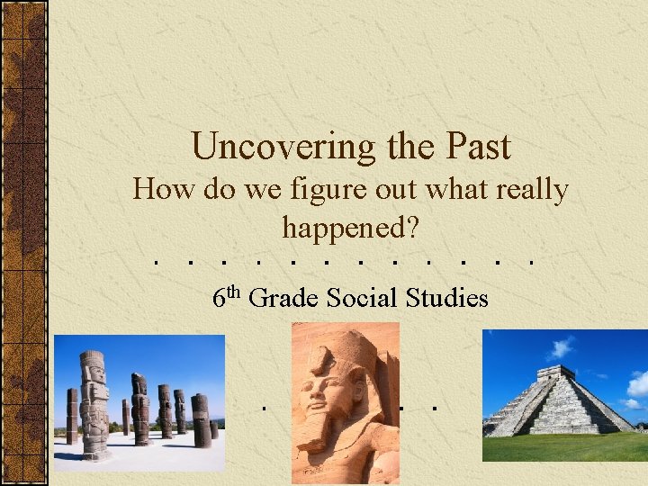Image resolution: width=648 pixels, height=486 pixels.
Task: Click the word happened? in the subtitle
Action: pos(351,227)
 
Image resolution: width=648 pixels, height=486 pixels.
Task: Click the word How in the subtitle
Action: pos(158,191)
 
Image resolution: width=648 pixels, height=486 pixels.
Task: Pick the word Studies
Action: pos(449,297)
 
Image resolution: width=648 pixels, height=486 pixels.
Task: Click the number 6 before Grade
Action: pos(220,298)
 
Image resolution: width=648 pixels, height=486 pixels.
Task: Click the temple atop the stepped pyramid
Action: pos(555,372)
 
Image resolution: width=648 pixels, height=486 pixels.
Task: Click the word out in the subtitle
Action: pos(392,191)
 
